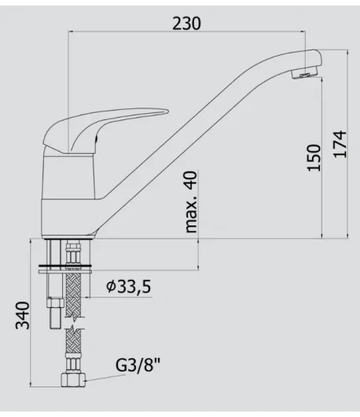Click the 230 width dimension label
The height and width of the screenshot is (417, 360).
(x=186, y=23)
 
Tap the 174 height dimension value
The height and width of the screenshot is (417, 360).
(x=340, y=144)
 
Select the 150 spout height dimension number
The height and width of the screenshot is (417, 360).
(x=314, y=157)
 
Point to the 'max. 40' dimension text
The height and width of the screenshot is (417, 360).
(x=192, y=202)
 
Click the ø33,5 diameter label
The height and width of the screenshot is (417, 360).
(x=129, y=287)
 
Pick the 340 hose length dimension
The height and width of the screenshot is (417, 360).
(x=23, y=316)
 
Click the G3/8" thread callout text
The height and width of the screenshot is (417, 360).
(x=138, y=365)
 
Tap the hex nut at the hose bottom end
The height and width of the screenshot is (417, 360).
(x=73, y=380)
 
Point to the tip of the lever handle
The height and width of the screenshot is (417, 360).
(x=167, y=111)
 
